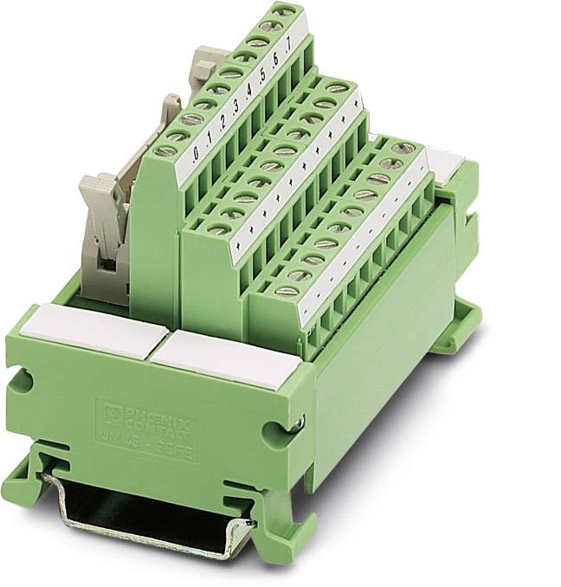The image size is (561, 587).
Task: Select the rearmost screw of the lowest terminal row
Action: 400,149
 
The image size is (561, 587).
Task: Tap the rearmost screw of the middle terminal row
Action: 341,87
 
